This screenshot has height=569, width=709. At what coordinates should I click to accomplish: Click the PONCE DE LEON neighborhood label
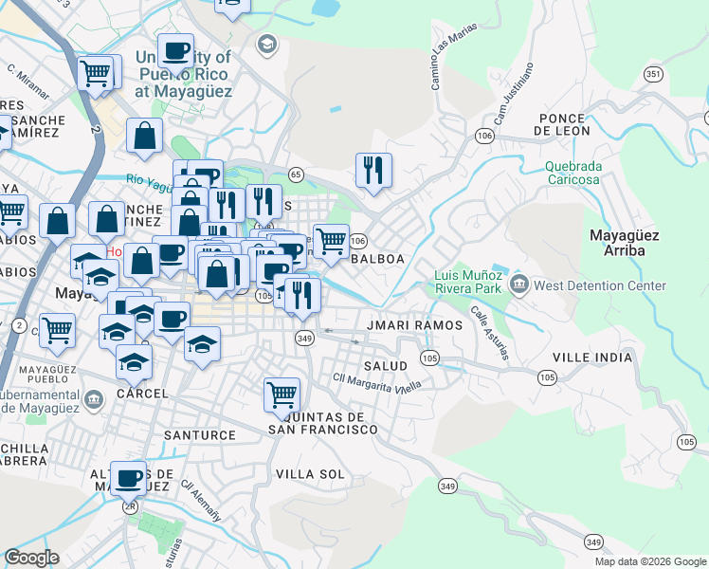click(562, 124)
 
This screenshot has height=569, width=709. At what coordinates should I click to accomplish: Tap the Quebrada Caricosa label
click(573, 172)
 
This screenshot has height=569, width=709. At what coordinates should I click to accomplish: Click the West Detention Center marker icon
click(519, 284)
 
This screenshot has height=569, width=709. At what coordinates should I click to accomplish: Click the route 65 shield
click(296, 174)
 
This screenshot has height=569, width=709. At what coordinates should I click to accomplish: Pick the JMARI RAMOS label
click(420, 325)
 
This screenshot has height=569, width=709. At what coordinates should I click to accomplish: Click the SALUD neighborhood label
click(385, 365)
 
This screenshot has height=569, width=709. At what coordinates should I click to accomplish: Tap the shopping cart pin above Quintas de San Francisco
click(282, 393)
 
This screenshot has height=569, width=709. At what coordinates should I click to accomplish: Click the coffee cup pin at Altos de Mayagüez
click(128, 478)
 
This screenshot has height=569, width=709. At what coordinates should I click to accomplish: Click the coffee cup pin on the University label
click(174, 50)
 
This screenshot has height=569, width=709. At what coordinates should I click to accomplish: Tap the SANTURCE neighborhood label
click(199, 435)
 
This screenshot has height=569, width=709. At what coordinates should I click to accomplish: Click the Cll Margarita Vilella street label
click(376, 381)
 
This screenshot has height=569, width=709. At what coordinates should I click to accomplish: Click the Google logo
click(32, 558)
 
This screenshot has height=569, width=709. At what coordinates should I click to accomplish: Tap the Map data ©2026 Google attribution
click(649, 561)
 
